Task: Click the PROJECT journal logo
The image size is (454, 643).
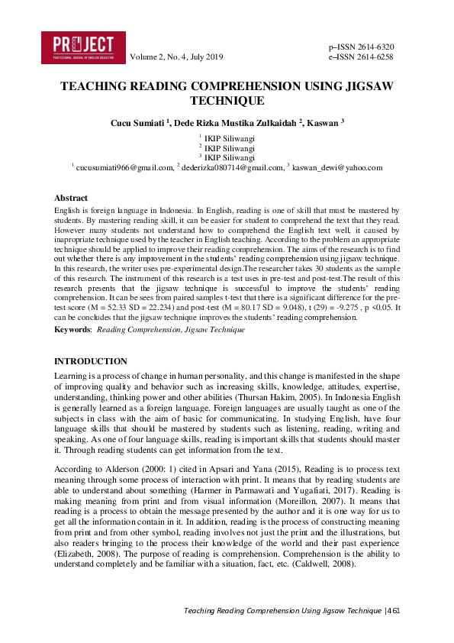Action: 83,47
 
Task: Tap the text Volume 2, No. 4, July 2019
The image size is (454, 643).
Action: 177,57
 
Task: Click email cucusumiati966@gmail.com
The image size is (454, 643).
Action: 124,166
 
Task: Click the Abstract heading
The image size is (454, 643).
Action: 71,198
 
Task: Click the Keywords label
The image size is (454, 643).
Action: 72,329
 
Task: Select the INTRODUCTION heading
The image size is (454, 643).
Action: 91,360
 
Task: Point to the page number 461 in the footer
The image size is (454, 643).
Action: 394,611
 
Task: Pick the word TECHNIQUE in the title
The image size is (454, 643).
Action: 227,101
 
